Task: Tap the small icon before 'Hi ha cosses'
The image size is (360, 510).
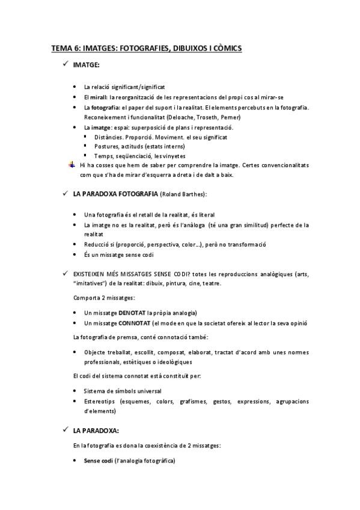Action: (72, 165)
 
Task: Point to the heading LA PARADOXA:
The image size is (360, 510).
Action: (96, 431)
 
